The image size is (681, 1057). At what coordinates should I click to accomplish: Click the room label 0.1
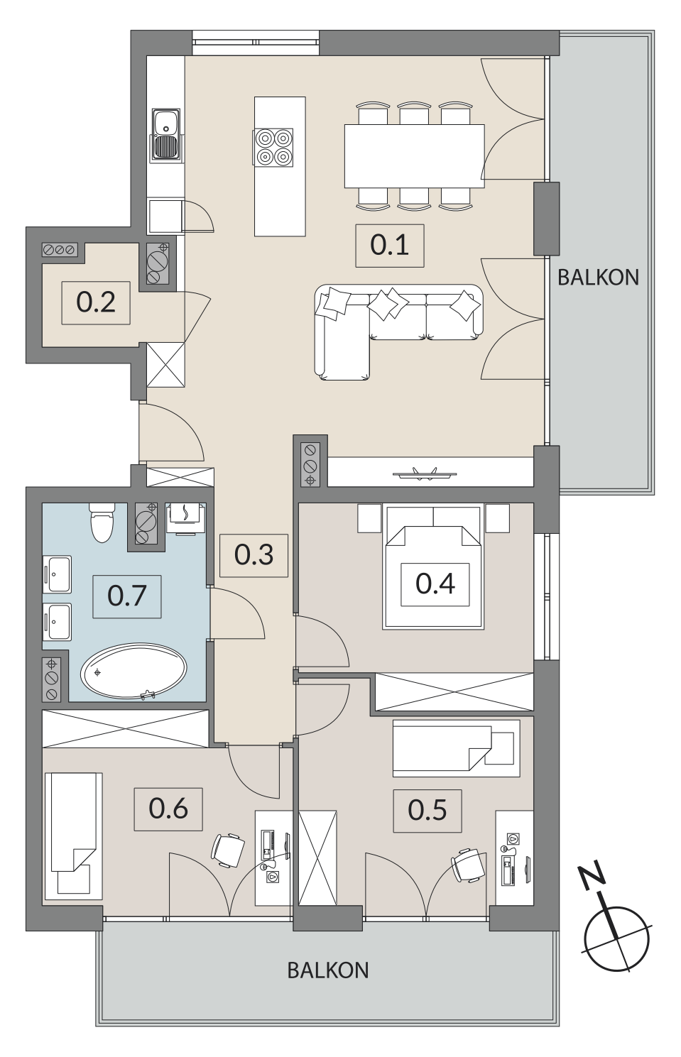pos(389,246)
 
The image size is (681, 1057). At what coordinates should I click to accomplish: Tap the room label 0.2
pos(96,302)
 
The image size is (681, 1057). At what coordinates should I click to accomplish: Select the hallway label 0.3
pos(254,555)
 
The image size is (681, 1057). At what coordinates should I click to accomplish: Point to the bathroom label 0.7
pos(127,596)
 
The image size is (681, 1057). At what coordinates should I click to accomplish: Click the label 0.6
pos(168,809)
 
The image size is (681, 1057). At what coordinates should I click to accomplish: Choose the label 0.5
pos(427,810)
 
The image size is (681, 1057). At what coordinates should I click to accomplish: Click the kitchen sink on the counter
pos(165,134)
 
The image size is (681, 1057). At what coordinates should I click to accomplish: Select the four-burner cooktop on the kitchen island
pos(274,147)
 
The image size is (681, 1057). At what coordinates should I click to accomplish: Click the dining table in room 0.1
pos(415,155)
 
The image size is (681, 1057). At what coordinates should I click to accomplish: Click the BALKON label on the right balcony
pos(598,278)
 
